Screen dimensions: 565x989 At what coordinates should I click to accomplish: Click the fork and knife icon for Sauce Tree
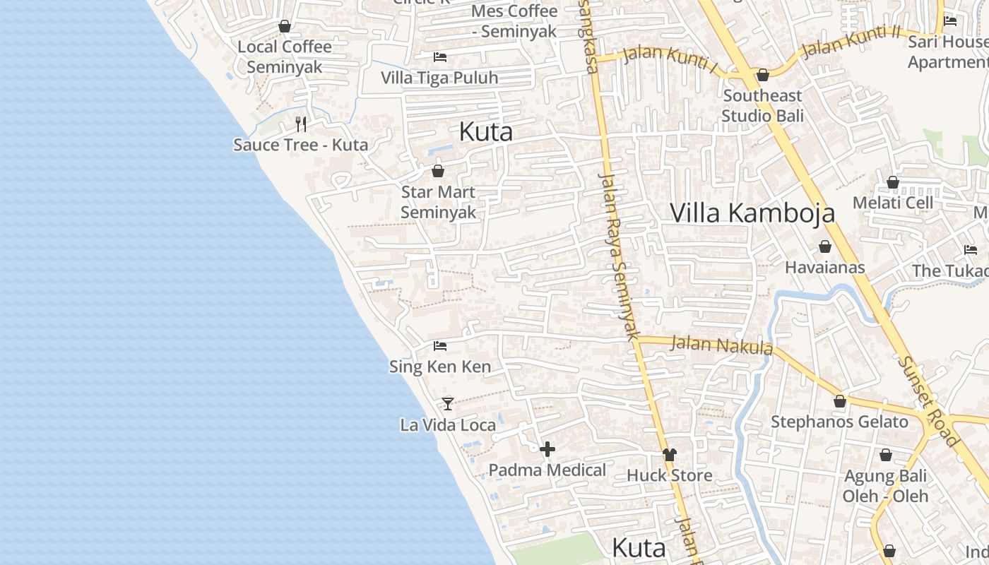click(x=301, y=124)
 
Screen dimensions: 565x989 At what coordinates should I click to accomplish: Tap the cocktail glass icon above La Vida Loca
click(x=447, y=403)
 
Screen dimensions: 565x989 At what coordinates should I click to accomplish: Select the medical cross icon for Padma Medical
click(x=547, y=448)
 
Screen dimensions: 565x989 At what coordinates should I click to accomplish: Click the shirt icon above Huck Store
click(x=670, y=454)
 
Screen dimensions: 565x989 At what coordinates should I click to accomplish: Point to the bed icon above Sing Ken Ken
click(x=440, y=346)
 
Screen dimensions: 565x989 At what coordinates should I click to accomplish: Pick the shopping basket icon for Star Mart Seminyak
click(x=438, y=171)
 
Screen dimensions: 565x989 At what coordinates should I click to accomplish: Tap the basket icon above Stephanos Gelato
click(x=840, y=401)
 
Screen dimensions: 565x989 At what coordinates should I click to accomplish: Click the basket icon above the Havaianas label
click(x=824, y=246)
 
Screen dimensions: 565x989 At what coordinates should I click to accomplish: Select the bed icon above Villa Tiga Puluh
click(x=440, y=56)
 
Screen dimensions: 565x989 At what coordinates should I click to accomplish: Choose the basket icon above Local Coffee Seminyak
click(x=285, y=26)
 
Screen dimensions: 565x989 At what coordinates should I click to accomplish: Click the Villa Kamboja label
click(x=752, y=213)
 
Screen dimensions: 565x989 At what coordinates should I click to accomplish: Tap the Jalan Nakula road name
click(x=721, y=345)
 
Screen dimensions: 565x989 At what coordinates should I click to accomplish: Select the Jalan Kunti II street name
click(x=852, y=43)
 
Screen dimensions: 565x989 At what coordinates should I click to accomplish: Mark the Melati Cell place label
click(x=893, y=203)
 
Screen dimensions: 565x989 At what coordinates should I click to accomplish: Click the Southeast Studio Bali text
click(x=762, y=105)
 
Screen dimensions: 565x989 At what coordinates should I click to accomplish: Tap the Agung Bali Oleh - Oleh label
click(x=886, y=486)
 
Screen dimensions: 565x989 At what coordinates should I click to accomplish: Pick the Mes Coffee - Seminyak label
click(x=514, y=21)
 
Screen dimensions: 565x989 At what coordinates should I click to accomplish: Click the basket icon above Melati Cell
click(x=893, y=182)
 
